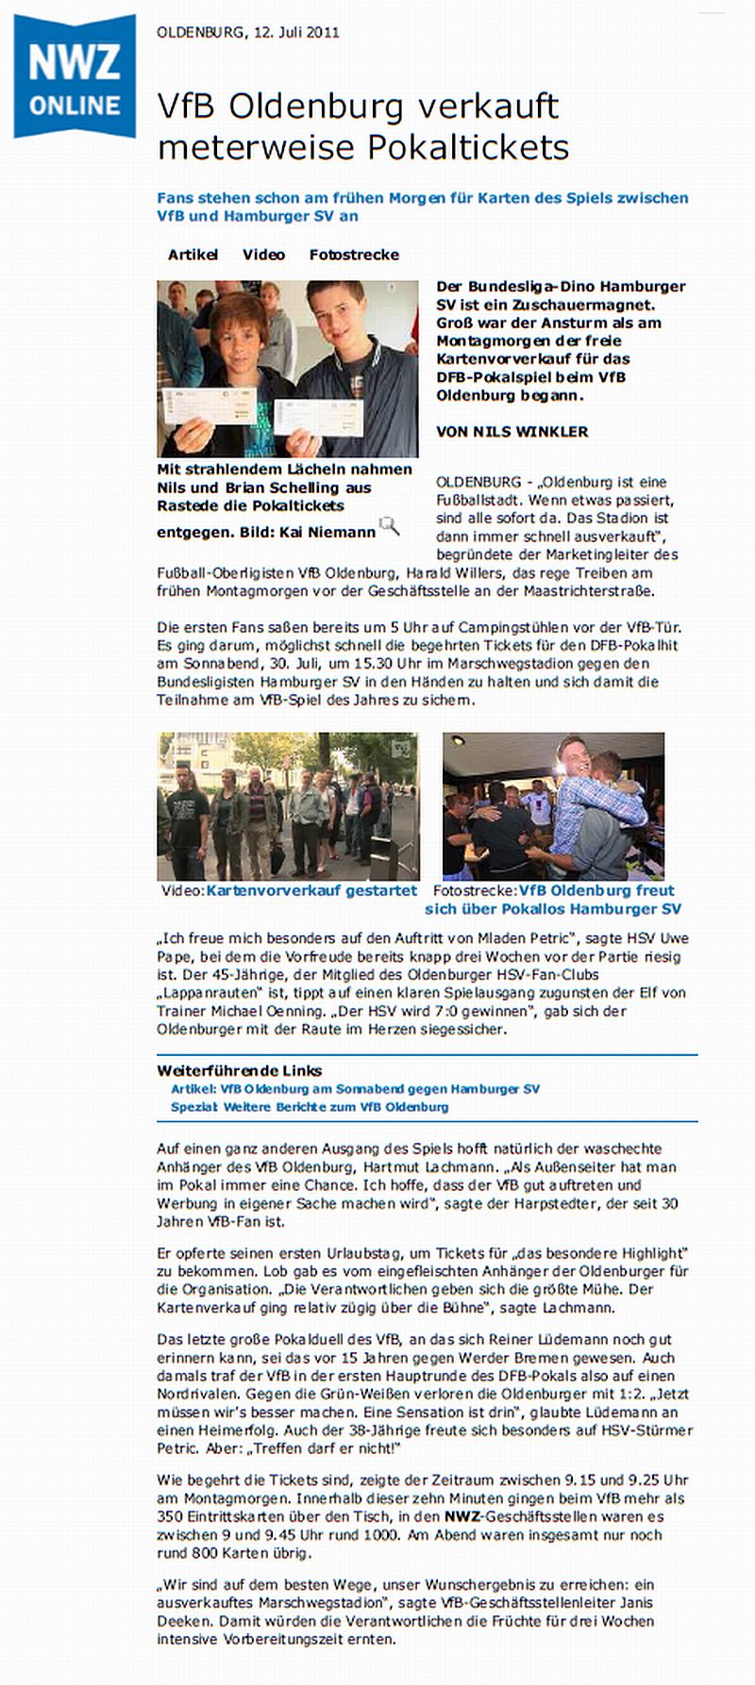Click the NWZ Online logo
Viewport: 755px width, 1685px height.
tap(75, 77)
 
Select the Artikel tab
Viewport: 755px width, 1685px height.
tap(193, 255)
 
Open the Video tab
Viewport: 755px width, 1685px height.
tap(263, 255)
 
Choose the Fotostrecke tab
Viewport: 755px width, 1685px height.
tap(354, 255)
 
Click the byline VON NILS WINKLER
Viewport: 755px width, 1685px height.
tap(512, 432)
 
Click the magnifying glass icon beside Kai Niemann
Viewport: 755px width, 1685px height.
tap(389, 526)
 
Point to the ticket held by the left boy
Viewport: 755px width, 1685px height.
tap(209, 405)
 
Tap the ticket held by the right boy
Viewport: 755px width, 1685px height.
tap(318, 417)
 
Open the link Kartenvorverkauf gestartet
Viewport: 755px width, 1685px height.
tap(311, 890)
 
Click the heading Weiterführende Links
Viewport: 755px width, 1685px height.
tap(240, 1070)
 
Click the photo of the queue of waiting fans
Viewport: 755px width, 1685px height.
tap(288, 806)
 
